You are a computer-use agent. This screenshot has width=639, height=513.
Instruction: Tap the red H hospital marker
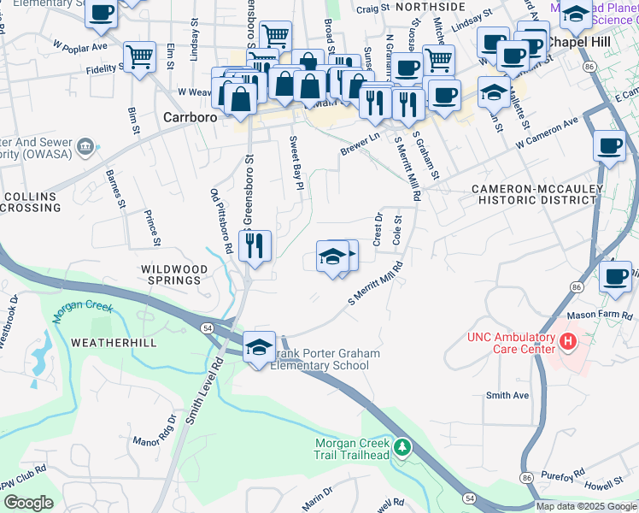568,343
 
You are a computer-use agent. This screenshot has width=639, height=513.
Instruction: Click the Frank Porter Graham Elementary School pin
260,348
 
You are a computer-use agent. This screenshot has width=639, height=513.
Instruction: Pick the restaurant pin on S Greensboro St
255,246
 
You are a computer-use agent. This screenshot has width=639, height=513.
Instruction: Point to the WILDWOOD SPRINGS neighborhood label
174,274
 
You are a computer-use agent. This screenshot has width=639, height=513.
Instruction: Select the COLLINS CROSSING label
31,203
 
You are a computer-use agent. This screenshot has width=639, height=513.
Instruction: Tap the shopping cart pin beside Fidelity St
139,57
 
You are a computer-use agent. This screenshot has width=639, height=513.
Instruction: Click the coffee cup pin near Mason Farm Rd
615,276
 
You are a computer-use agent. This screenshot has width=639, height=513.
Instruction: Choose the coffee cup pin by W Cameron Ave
607,145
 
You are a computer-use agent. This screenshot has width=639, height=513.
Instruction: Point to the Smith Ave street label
507,395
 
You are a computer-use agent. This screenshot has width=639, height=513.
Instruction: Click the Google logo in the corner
28,503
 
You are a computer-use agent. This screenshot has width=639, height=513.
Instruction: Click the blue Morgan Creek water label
79,310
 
